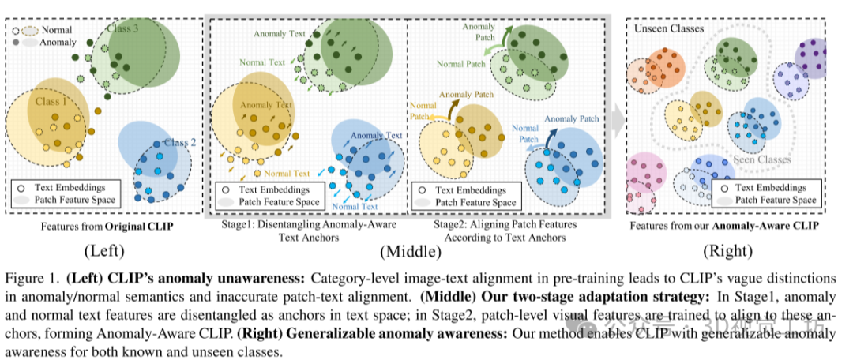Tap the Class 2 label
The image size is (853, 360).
tap(182, 142)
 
